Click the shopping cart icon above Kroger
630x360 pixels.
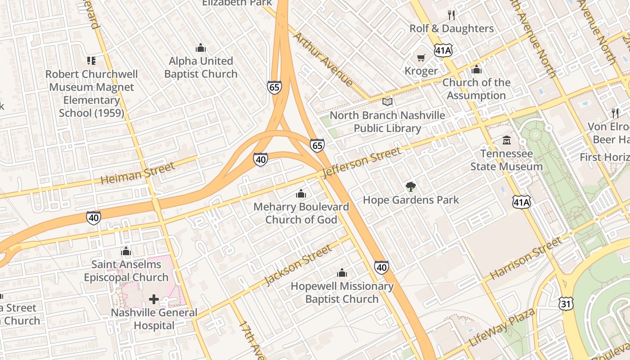click(421, 58)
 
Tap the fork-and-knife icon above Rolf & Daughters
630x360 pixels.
click(452, 15)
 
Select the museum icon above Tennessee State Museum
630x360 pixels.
click(507, 140)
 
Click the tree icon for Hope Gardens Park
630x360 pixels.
click(410, 187)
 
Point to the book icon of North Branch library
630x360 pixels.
click(387, 102)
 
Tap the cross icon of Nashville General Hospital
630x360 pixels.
click(154, 299)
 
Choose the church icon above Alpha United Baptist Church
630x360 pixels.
click(201, 48)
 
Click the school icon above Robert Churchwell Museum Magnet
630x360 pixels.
click(91, 61)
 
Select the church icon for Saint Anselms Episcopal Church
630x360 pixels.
click(126, 251)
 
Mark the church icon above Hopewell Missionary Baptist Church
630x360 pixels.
click(342, 273)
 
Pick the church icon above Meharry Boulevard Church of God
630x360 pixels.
click(301, 194)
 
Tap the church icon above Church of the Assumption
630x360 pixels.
click(476, 69)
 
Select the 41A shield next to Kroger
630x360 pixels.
click(443, 50)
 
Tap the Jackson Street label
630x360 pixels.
click(298, 265)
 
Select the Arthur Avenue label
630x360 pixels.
click(323, 59)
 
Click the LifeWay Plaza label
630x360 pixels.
click(502, 328)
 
